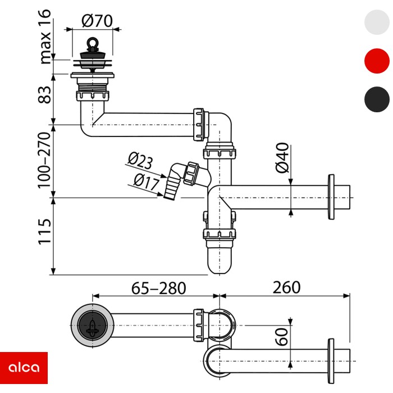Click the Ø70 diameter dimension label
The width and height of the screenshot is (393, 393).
(x=97, y=21)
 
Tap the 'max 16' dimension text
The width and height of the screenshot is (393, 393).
(x=44, y=35)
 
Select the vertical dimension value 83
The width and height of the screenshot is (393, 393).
(x=44, y=93)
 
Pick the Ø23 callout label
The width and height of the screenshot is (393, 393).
(x=140, y=162)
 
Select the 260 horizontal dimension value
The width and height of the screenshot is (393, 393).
(x=286, y=288)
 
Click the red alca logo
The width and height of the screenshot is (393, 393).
(x=24, y=368)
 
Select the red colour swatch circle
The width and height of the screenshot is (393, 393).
(x=376, y=61)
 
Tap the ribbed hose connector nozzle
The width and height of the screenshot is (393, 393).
(x=169, y=185)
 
